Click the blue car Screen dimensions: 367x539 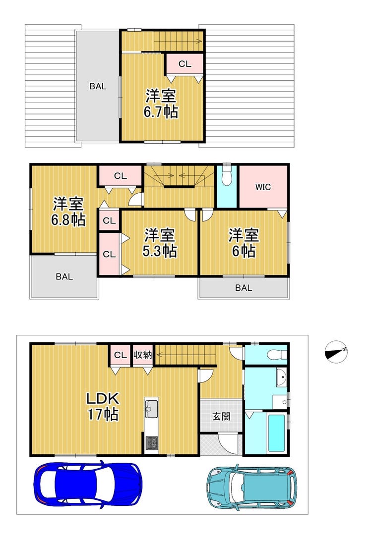pyautogui.click(x=88, y=484)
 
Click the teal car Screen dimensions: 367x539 pyautogui.click(x=251, y=487)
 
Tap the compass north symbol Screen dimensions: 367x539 pyautogui.click(x=336, y=352)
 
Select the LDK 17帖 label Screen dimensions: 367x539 pyautogui.click(x=103, y=407)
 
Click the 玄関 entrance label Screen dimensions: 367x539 pyautogui.click(x=221, y=417)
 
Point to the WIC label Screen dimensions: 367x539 pyautogui.click(x=263, y=187)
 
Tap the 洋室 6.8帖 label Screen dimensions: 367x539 pyautogui.click(x=68, y=212)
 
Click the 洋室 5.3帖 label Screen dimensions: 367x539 pyautogui.click(x=160, y=243)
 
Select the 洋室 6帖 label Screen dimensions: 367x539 pyautogui.click(x=244, y=243)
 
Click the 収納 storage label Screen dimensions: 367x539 pyautogui.click(x=142, y=355)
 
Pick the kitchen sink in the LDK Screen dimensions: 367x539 pyautogui.click(x=151, y=408)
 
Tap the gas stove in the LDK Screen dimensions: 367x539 pyautogui.click(x=151, y=442)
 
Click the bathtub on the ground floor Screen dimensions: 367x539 pyautogui.click(x=276, y=433)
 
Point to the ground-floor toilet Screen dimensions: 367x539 pyautogui.click(x=277, y=354)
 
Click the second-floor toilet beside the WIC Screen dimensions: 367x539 pyautogui.click(x=226, y=176)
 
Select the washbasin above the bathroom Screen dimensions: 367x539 pyautogui.click(x=281, y=378)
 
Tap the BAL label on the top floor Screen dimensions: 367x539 pyautogui.click(x=98, y=87)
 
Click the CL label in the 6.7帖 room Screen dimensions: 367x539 pyautogui.click(x=185, y=64)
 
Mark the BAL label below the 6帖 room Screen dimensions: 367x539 pyautogui.click(x=244, y=288)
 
